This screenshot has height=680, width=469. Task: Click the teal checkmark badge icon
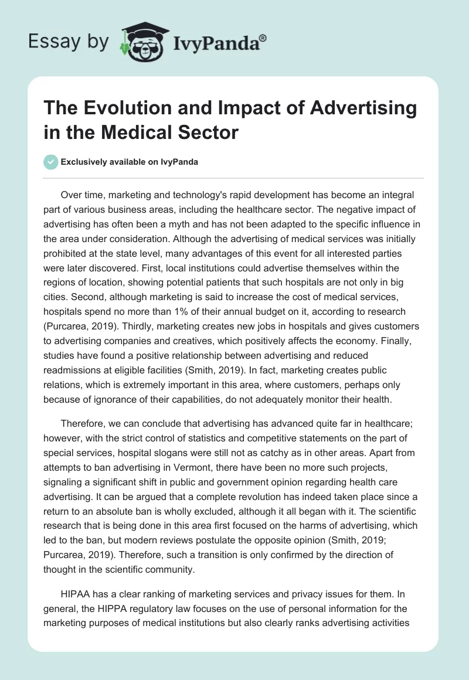[51, 162]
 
